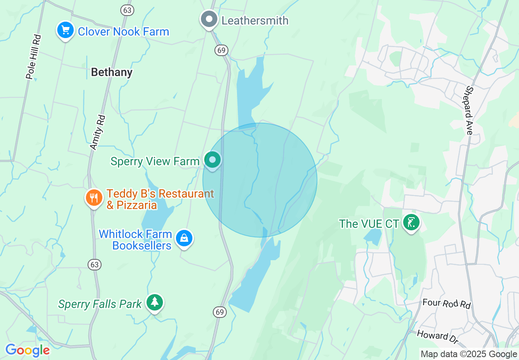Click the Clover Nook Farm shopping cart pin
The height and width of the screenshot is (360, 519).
point(65,30)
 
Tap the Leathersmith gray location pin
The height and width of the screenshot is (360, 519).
point(209,19)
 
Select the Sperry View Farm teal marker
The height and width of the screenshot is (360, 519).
point(212,160)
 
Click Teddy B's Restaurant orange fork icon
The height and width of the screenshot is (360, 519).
point(94,198)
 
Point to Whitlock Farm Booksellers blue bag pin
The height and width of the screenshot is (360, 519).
point(184,238)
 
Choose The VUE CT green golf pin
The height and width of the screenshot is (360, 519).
point(411,223)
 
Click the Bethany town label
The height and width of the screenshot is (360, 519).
point(112,72)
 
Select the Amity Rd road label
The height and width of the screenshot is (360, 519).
point(97,132)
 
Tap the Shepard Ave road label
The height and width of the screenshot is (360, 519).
point(469,110)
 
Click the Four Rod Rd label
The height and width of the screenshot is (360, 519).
point(447,304)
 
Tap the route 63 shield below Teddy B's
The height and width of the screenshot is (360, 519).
point(95,265)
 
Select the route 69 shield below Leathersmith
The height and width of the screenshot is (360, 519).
point(221,50)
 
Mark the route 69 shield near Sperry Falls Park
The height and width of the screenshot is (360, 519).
point(220,312)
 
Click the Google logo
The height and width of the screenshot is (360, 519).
point(27,350)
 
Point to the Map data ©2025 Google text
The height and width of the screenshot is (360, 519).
point(469,354)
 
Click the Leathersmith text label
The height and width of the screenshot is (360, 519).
point(255,20)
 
